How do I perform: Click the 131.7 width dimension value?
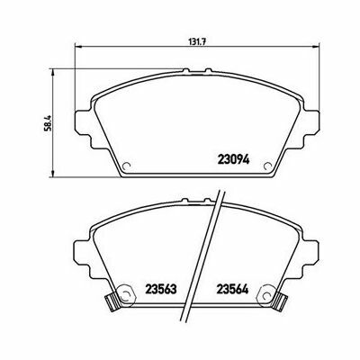196,42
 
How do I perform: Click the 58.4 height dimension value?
48,122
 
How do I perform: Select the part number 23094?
233,160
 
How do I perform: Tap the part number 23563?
161,289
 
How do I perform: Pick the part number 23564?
233,289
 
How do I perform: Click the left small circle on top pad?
126,166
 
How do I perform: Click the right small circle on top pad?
266,166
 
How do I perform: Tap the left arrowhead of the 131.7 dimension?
77,47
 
